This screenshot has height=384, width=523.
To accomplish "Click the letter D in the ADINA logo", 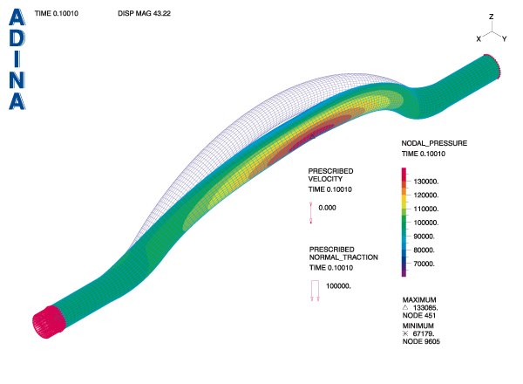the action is (17, 38).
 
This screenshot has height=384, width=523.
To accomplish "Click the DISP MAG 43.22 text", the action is (144, 13).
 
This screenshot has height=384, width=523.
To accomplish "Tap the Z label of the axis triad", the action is (491, 17).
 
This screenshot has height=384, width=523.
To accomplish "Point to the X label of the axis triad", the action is (479, 39).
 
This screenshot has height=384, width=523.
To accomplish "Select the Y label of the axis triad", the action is (505, 39).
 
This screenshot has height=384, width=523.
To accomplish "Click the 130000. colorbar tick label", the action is (426, 182).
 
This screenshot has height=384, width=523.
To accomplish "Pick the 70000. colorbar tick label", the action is (424, 264).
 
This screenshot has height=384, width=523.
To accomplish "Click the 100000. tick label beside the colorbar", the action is (426, 223).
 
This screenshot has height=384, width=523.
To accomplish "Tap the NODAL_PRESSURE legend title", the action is (434, 143).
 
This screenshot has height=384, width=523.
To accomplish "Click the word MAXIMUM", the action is (419, 300).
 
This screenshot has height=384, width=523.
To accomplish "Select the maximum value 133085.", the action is (425, 308).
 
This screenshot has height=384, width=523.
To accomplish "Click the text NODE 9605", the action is (421, 341).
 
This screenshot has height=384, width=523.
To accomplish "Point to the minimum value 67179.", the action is (424, 333).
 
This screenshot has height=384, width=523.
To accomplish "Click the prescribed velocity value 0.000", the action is (327, 208).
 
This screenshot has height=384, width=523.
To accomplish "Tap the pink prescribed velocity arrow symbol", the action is (311, 213).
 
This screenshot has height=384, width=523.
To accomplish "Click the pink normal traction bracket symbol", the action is (315, 291).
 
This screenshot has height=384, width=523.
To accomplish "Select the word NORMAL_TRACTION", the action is (343, 257).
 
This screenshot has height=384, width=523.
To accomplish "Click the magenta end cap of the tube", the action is (48, 322).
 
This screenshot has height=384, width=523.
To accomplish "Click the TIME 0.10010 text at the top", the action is (57, 13).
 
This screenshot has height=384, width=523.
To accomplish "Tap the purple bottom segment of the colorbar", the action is (404, 271).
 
